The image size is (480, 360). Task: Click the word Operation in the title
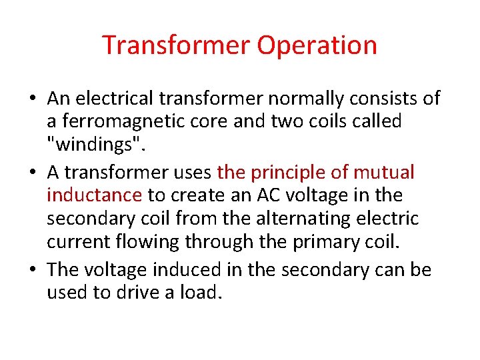[317, 45]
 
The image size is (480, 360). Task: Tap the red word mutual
[384, 173]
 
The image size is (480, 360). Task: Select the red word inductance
[94, 195]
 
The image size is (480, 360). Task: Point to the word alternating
[324, 218]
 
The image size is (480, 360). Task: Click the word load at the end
[199, 293]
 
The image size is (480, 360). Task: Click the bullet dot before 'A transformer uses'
[32, 173]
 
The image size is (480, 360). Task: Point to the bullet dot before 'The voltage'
[32, 271]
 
